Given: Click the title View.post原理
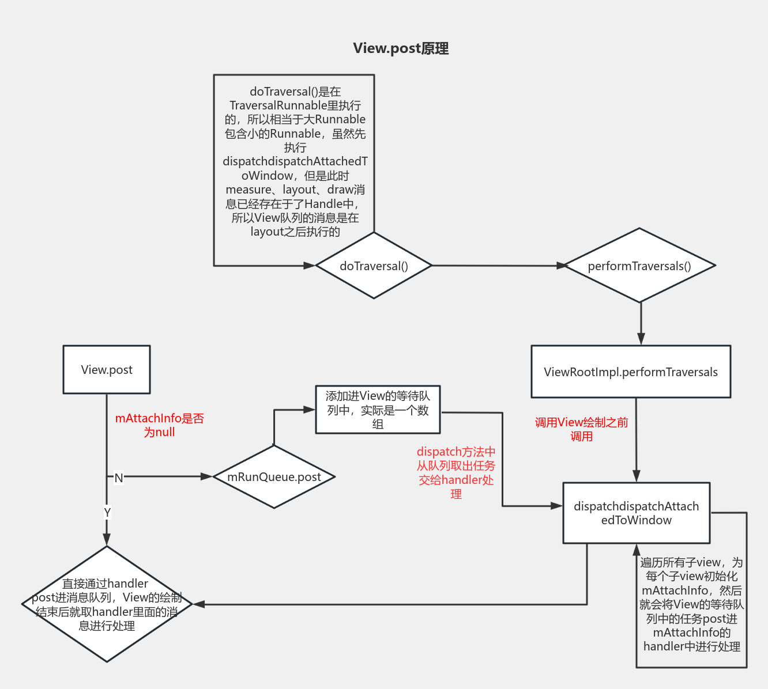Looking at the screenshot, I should coord(401,48).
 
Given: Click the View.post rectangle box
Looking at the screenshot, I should coord(107,370).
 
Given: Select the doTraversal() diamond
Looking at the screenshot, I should coord(374,266).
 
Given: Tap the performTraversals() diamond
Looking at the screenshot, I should coord(639,266).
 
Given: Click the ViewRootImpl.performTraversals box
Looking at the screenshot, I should coord(631,372).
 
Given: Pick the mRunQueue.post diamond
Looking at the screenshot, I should coord(274,477).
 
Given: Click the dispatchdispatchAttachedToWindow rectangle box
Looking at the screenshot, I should coord(636,513).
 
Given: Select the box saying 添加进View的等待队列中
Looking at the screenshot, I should coord(378,410).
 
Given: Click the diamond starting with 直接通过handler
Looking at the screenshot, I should coord(107,604).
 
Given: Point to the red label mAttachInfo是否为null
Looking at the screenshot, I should coord(159,425).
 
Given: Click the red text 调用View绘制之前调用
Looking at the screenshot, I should coord(581,429).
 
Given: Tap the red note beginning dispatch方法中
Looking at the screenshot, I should coord(456,472).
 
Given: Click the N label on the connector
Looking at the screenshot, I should coord(119,478).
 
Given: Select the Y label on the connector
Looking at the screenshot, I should coord(107,512).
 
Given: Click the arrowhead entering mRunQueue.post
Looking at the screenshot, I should coord(207,477).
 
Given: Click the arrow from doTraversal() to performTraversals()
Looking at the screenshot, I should coord(496,266).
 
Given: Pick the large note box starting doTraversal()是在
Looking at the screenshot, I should coord(294,161).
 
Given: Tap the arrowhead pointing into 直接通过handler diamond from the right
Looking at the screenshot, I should coord(199,604).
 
